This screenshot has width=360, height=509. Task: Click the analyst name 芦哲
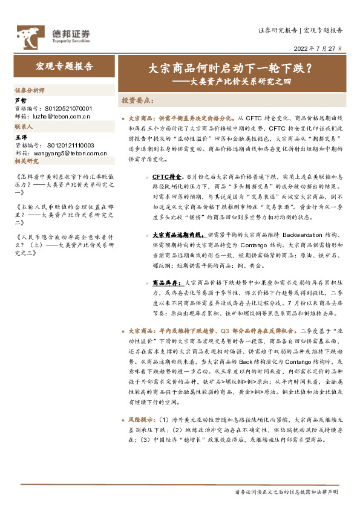(x=20, y=100)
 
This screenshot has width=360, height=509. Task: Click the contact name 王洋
(x=20, y=138)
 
